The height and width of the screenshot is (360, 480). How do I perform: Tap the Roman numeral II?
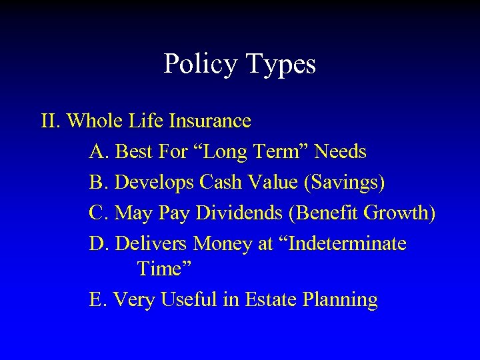click(51, 121)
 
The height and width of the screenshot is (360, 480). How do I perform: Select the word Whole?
click(94, 121)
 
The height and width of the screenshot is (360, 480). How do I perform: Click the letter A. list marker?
click(99, 151)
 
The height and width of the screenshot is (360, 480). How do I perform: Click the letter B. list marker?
click(99, 181)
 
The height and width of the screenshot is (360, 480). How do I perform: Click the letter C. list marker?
click(99, 213)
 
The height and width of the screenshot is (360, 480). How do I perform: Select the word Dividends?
click(247, 213)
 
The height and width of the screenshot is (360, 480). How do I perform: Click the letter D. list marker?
click(99, 243)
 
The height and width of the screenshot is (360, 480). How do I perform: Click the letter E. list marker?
click(98, 299)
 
